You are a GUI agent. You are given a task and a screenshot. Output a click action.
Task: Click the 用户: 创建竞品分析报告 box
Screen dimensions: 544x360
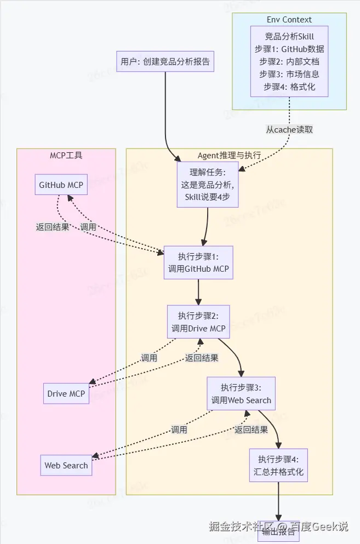[165, 61]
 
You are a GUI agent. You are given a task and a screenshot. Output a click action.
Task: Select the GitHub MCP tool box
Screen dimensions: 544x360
[61, 185]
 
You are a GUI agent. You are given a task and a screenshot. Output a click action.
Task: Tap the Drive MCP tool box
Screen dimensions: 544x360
[66, 393]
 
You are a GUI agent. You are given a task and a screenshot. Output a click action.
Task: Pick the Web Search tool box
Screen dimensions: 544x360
[66, 465]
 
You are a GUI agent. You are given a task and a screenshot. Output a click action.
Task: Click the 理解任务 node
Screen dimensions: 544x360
[208, 185]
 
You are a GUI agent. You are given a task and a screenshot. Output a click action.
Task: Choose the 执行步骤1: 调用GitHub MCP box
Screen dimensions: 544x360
[198, 262]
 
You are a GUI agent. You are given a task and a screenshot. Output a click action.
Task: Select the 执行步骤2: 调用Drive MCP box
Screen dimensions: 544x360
[198, 322]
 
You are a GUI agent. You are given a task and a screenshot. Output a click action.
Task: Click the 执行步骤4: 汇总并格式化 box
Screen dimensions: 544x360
[278, 465]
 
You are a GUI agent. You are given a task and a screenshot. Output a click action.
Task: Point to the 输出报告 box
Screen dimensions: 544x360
[278, 531]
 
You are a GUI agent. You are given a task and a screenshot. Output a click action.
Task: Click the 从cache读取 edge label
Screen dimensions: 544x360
[289, 129]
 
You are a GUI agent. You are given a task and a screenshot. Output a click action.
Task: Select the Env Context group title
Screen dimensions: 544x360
[289, 20]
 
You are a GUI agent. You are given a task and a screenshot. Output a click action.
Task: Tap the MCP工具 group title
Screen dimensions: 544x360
[66, 156]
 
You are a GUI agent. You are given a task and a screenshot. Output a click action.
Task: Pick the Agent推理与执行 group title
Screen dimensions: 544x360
[229, 156]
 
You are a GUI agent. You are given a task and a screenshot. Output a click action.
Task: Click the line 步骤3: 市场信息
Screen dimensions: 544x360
[289, 74]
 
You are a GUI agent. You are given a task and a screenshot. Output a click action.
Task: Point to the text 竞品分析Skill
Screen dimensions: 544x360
[289, 36]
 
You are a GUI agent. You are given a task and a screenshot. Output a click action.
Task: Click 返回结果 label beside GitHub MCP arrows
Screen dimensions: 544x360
[53, 227]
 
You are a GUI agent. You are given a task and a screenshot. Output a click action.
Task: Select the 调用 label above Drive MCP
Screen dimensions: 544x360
[149, 358]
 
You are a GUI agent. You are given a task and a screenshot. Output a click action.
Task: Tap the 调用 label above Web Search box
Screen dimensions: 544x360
[179, 430]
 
